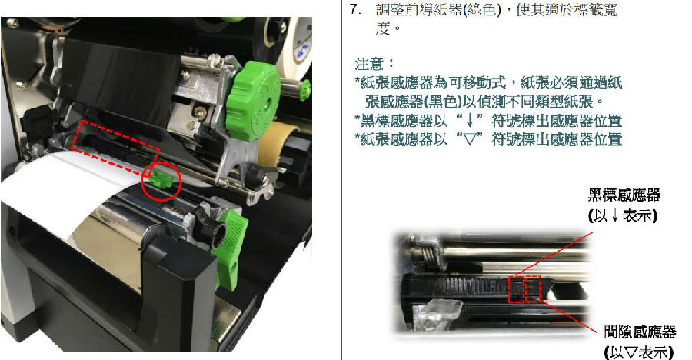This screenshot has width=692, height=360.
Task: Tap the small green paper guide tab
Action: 159,178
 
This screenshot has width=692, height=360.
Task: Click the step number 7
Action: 355,9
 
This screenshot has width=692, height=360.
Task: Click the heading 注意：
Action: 374,64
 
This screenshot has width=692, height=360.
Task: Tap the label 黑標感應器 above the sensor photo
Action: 624,195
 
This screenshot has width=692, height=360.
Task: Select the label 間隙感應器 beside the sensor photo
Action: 640,332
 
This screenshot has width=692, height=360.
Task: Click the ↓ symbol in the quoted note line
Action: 470,121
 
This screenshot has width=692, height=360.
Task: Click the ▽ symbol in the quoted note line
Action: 470,139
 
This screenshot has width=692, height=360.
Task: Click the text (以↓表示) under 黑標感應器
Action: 623,215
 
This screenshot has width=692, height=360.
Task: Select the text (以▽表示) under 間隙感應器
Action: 639,352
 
